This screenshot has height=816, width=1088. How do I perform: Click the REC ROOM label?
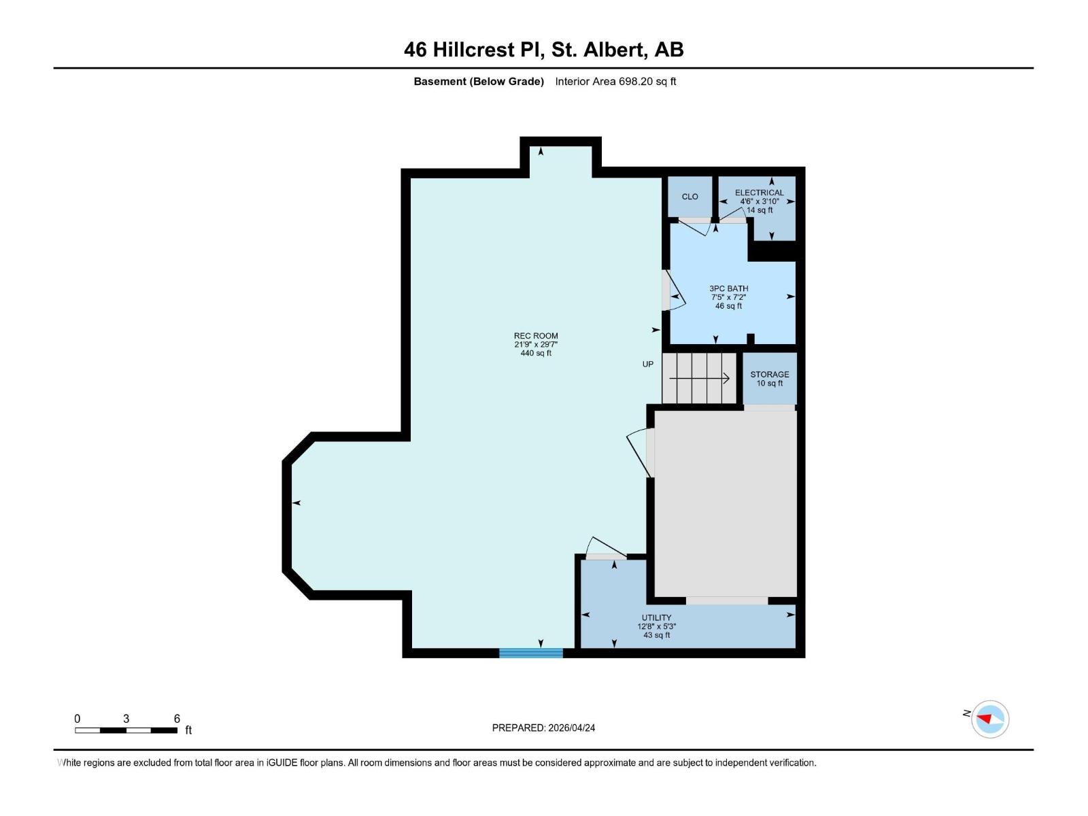pos(535,336)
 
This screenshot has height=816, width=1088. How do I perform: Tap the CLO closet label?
pos(690,197)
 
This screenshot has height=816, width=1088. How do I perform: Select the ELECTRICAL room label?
pos(759,192)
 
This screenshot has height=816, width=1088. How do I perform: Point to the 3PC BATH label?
pos(728,288)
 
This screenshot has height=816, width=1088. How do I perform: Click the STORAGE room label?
pos(769,375)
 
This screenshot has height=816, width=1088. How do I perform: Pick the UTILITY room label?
pos(656,617)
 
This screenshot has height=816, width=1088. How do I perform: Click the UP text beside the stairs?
pos(648,364)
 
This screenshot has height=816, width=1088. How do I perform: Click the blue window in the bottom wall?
pos(531,653)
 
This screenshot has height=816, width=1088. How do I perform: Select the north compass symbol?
pos(989,719)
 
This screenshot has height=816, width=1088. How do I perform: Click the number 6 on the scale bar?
pos(177,719)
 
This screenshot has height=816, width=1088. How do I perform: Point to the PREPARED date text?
pos(543,728)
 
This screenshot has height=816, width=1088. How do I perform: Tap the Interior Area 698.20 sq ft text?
pos(615,82)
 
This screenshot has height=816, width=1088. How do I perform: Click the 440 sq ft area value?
pos(535,354)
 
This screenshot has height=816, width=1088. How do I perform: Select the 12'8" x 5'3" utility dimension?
pos(656,626)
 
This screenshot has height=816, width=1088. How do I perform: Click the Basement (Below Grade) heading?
pos(479,82)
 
